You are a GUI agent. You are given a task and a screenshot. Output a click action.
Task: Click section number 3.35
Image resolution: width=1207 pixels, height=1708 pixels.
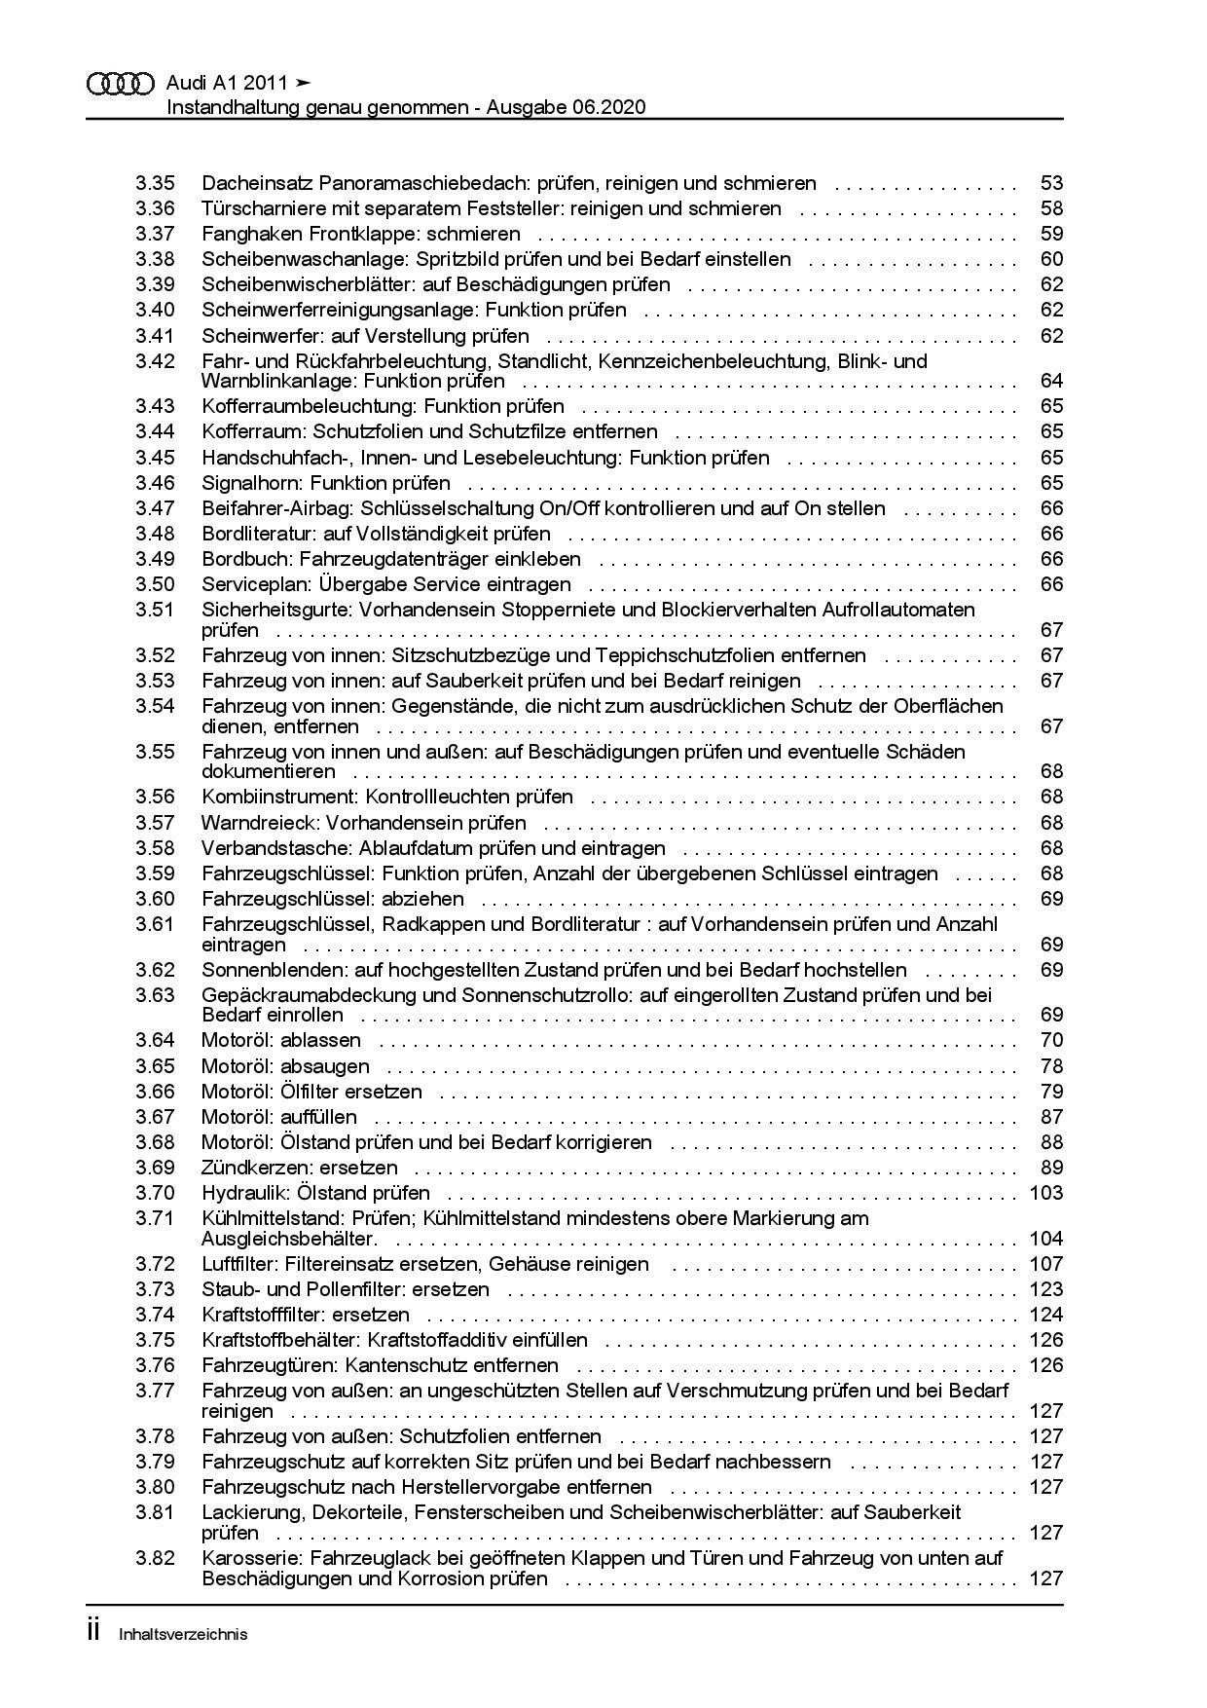click(x=155, y=183)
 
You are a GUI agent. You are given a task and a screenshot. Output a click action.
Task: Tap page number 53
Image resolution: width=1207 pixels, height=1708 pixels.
click(x=1051, y=183)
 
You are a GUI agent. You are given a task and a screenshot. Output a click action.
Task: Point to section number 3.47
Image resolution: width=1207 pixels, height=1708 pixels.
click(x=155, y=508)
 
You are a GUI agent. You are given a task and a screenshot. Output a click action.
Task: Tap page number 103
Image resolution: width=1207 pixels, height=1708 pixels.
click(x=1046, y=1193)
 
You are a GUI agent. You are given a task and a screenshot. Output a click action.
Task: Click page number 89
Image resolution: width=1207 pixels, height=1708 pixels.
click(x=1051, y=1168)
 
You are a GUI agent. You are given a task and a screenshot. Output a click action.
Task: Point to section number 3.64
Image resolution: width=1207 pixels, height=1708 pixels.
click(x=155, y=1040)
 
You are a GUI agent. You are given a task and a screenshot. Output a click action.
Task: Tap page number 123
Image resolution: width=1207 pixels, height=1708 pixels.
click(x=1046, y=1289)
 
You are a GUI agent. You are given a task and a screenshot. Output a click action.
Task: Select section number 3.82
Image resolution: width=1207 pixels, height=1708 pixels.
click(x=155, y=1558)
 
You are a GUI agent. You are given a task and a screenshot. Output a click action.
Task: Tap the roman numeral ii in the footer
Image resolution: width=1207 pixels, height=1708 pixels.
click(x=94, y=1633)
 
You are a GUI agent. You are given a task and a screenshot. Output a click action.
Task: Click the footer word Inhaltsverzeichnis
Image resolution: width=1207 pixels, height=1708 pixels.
click(x=183, y=1634)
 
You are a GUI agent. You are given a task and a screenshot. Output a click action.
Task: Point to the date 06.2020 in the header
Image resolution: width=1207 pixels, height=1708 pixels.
click(x=610, y=107)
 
